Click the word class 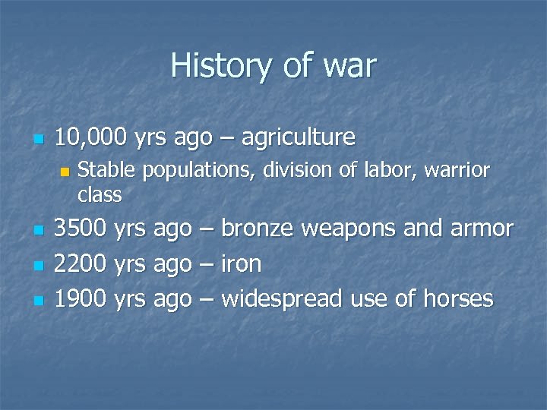100,194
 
